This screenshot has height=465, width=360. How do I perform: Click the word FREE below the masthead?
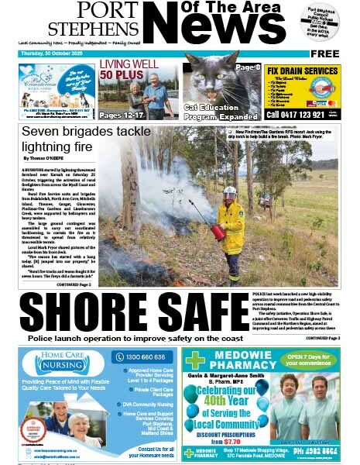point(325,54)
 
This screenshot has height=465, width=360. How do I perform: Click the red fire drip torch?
point(218,230)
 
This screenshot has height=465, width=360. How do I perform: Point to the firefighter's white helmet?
point(230,190)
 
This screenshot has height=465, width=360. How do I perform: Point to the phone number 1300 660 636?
point(142,357)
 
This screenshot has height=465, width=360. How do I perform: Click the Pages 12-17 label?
point(121,114)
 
